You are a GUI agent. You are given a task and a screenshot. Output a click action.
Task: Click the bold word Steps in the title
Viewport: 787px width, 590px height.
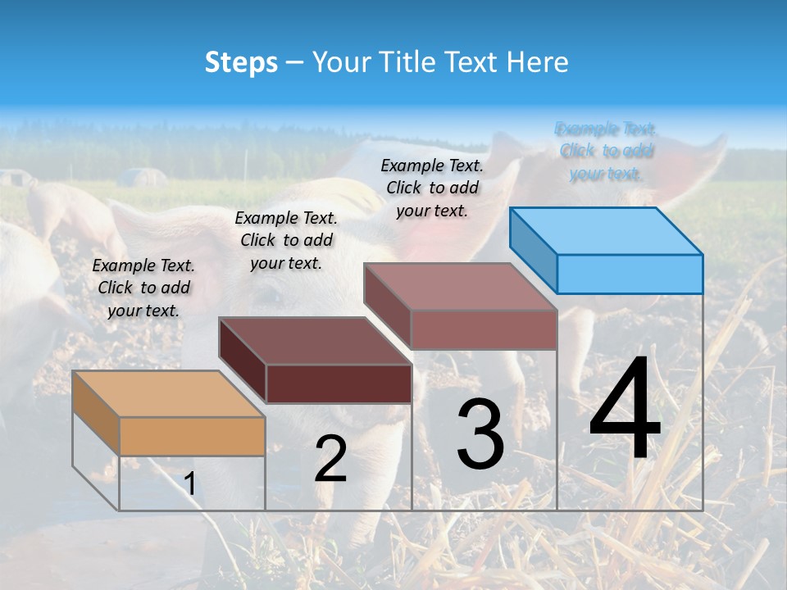(240, 62)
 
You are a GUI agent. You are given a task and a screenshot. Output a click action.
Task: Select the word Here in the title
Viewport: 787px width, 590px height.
(537, 62)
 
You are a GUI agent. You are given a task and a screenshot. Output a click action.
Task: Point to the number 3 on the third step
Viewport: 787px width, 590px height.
(480, 434)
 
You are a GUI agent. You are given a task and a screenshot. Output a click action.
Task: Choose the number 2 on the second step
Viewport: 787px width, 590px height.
(330, 459)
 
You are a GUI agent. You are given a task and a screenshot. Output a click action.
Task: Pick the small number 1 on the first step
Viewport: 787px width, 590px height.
(190, 484)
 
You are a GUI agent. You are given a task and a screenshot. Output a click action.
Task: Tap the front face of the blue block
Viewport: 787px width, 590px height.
(630, 274)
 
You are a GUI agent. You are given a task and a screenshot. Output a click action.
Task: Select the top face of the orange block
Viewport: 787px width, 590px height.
(168, 393)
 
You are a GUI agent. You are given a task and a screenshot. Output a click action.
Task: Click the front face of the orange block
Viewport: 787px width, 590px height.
(192, 436)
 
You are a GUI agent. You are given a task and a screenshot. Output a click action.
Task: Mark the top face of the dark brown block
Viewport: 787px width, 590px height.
(314, 340)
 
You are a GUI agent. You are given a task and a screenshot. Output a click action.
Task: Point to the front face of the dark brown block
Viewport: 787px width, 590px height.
(339, 383)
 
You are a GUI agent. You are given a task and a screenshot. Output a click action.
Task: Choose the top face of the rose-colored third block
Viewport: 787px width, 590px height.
(460, 287)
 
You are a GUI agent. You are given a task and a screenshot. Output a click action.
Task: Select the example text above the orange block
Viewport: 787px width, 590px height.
(143, 288)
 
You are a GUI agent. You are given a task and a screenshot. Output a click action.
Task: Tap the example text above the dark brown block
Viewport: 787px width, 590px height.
(286, 240)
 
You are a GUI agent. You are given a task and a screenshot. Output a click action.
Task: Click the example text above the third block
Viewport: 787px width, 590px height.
(432, 188)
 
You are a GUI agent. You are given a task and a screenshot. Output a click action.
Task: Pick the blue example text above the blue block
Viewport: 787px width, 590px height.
(606, 151)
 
